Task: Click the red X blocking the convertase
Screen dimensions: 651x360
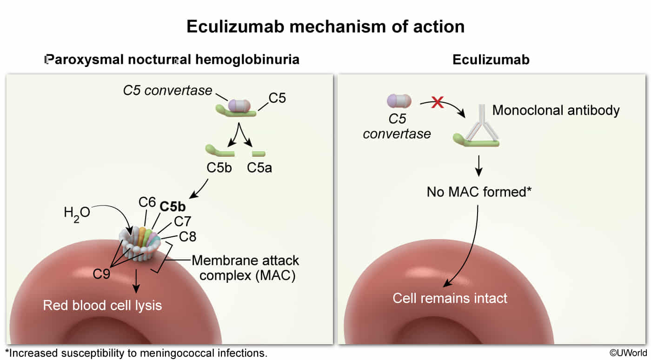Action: pos(438,102)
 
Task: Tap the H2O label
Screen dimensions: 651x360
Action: pos(77,214)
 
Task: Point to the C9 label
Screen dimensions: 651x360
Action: pos(101,273)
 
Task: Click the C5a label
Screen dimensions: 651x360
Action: pos(259,168)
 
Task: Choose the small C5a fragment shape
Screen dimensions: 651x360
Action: pos(259,153)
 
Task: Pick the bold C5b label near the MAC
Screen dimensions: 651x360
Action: pos(173,207)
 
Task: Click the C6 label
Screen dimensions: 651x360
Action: pos(147,202)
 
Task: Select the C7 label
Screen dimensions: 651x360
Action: pos(182,221)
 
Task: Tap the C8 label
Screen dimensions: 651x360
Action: pos(187,237)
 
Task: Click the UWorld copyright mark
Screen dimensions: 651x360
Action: pos(628,353)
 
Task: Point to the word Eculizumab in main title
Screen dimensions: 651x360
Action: pos(235,27)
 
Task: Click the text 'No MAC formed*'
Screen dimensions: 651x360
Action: pos(479,192)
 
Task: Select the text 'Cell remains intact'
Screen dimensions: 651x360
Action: pos(450,298)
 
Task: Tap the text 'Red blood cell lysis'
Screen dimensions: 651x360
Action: pos(102,306)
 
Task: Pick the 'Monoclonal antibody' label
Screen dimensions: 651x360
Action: pos(556,111)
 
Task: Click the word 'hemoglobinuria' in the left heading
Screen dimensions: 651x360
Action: pos(247,60)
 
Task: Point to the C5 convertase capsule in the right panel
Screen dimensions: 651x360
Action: pos(399,101)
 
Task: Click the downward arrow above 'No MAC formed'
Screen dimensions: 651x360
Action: pos(478,166)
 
